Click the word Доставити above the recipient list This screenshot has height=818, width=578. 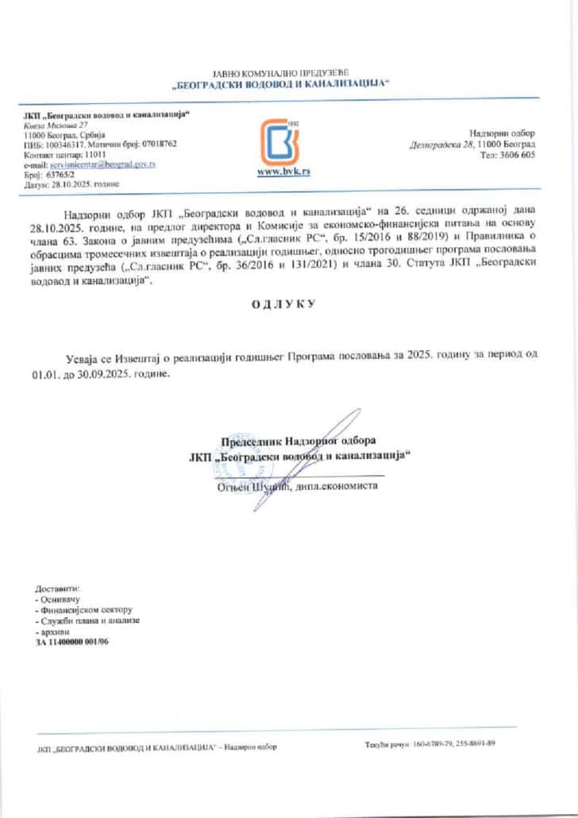pos(58,588)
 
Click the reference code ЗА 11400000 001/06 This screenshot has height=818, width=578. pos(72,640)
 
